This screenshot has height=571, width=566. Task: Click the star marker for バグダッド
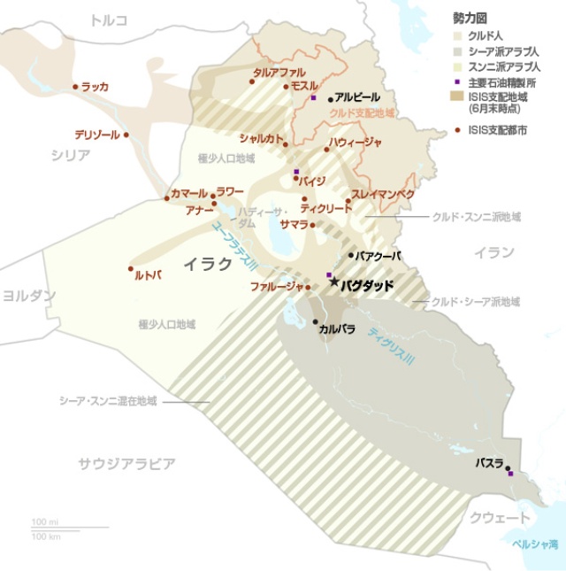point(333,282)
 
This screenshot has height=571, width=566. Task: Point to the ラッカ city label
point(95,87)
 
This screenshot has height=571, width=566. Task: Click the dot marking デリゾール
point(126,135)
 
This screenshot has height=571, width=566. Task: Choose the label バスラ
point(489,463)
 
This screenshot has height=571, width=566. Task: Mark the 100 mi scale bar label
point(44,521)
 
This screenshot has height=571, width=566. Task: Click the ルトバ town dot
point(130,268)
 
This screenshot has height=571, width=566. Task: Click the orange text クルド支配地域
point(361,113)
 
